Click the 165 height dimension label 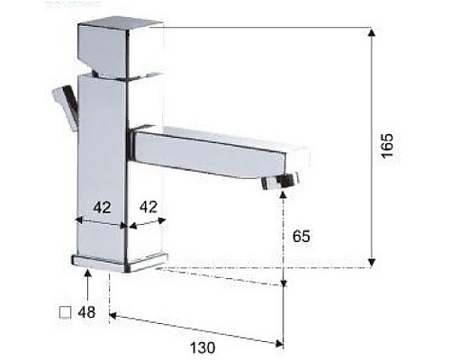click(x=388, y=146)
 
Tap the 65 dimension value click(x=301, y=237)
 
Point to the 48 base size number click(x=87, y=313)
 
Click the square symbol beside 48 click(x=64, y=313)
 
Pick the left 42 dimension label click(x=103, y=207)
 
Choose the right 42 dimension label click(x=148, y=207)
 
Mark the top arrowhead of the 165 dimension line click(x=373, y=32)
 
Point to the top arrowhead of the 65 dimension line click(x=283, y=193)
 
